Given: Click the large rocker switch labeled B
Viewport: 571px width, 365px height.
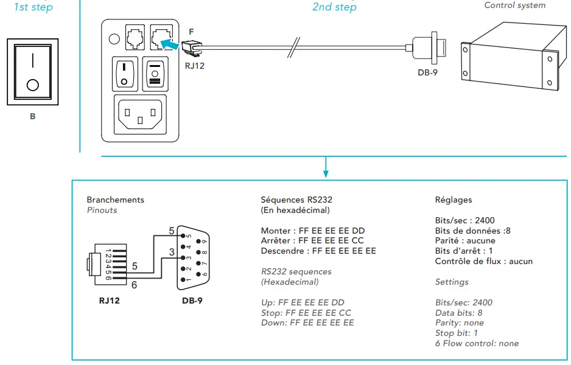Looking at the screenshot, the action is point(33,72).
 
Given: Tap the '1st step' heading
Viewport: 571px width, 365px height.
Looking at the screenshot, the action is point(33,7).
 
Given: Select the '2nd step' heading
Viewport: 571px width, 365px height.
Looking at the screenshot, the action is point(334,7).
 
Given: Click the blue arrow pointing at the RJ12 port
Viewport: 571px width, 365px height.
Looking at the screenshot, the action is point(170,44).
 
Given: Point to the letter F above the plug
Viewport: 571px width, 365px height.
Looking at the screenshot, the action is point(192,32).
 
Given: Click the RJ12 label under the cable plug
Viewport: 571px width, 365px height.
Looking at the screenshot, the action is point(195,66).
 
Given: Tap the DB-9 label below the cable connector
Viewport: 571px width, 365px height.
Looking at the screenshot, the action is point(427,72).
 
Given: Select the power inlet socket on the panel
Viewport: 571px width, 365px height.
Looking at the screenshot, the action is point(140,114).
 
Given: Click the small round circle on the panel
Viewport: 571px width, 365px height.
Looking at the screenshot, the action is point(114,38).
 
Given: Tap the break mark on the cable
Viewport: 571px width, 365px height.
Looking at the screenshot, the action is point(293,47).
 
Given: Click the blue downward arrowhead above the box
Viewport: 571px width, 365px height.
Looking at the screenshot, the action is point(326,173).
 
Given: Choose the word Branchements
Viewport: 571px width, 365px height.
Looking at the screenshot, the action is point(116,200).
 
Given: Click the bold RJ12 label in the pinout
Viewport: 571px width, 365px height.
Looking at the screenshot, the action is point(109,301).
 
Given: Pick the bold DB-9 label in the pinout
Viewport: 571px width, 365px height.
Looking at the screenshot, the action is point(192,301).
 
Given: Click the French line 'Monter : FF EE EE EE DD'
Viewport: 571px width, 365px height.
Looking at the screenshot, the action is point(313,231).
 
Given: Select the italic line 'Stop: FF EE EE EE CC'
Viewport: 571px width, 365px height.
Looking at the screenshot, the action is point(306,313).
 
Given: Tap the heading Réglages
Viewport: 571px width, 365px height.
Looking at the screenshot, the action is point(454,200).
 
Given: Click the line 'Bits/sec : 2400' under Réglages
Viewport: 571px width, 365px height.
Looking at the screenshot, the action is point(464,221).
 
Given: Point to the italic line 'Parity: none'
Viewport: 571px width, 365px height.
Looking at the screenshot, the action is point(460,323).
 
